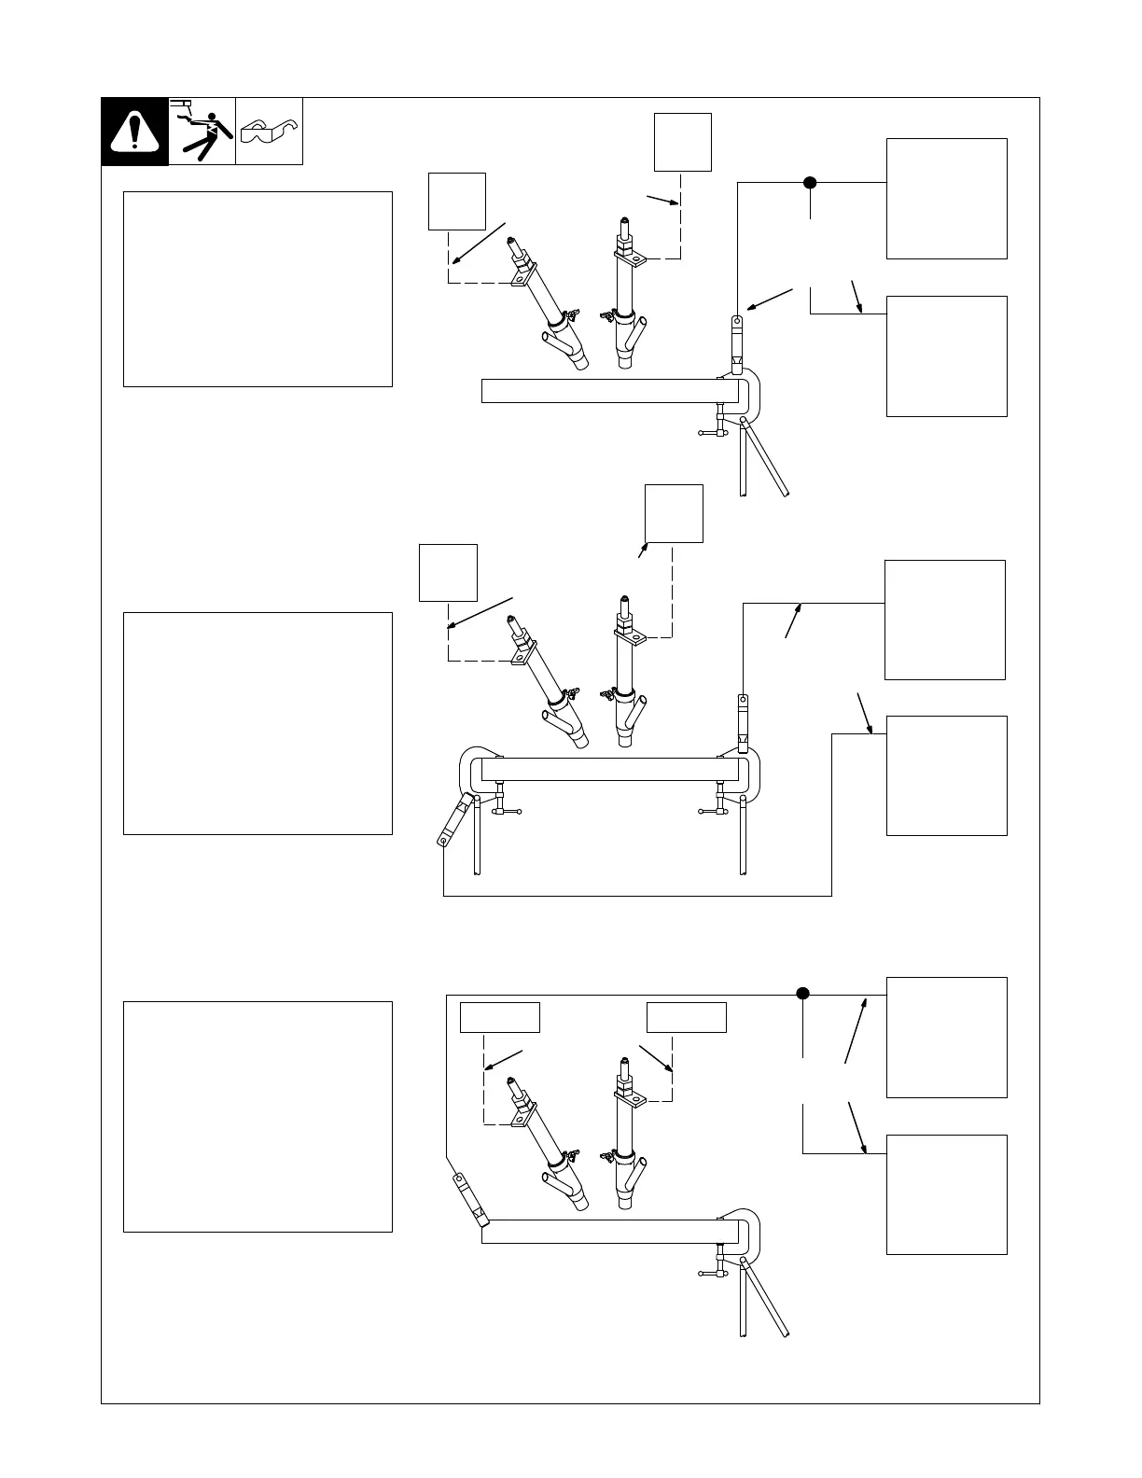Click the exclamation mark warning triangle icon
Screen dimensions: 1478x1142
click(135, 132)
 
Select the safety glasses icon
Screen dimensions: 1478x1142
click(269, 132)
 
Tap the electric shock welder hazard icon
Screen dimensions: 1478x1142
click(202, 132)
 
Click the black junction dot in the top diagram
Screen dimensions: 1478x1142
click(810, 183)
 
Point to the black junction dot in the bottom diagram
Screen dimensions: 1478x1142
click(802, 993)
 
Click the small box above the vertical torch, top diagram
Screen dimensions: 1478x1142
click(683, 142)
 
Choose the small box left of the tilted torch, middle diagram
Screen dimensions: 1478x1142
click(449, 573)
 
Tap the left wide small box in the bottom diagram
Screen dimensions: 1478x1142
click(500, 1017)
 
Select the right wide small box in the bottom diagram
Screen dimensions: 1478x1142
click(687, 1017)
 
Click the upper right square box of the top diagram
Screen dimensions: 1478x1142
click(946, 199)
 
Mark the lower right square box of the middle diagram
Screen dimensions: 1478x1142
click(946, 775)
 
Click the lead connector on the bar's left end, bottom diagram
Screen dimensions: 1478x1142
click(470, 1200)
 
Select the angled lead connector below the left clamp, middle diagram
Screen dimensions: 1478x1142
click(453, 821)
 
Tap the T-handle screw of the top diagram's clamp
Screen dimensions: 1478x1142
click(715, 430)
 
